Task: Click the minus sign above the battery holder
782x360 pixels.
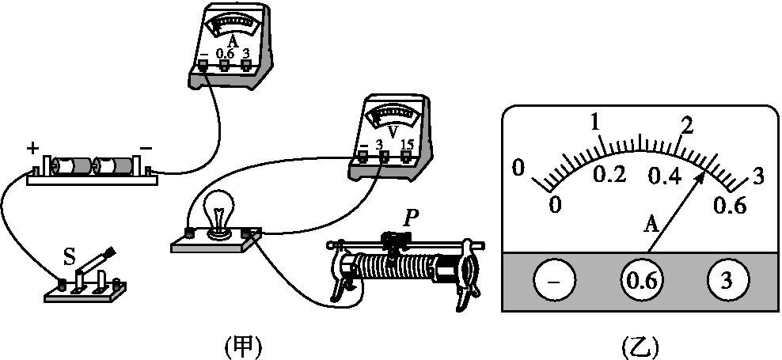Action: click(x=146, y=148)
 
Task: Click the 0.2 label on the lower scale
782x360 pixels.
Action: click(x=609, y=175)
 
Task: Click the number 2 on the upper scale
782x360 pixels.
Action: click(x=687, y=126)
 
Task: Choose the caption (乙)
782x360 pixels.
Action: click(x=640, y=346)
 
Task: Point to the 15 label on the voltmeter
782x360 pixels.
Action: click(x=408, y=145)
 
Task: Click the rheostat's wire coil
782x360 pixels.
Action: click(x=396, y=269)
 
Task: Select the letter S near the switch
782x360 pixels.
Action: click(x=70, y=256)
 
